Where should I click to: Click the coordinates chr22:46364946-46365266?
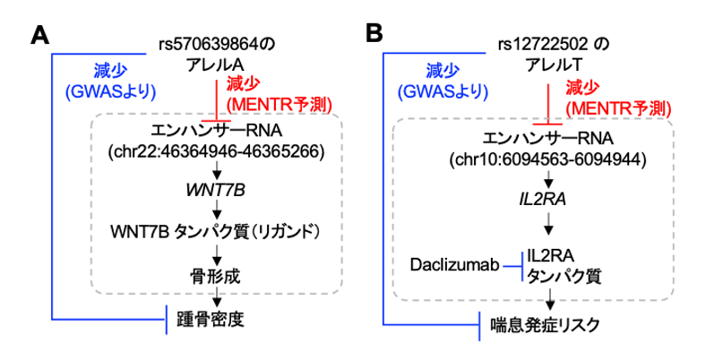click(x=215, y=151)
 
